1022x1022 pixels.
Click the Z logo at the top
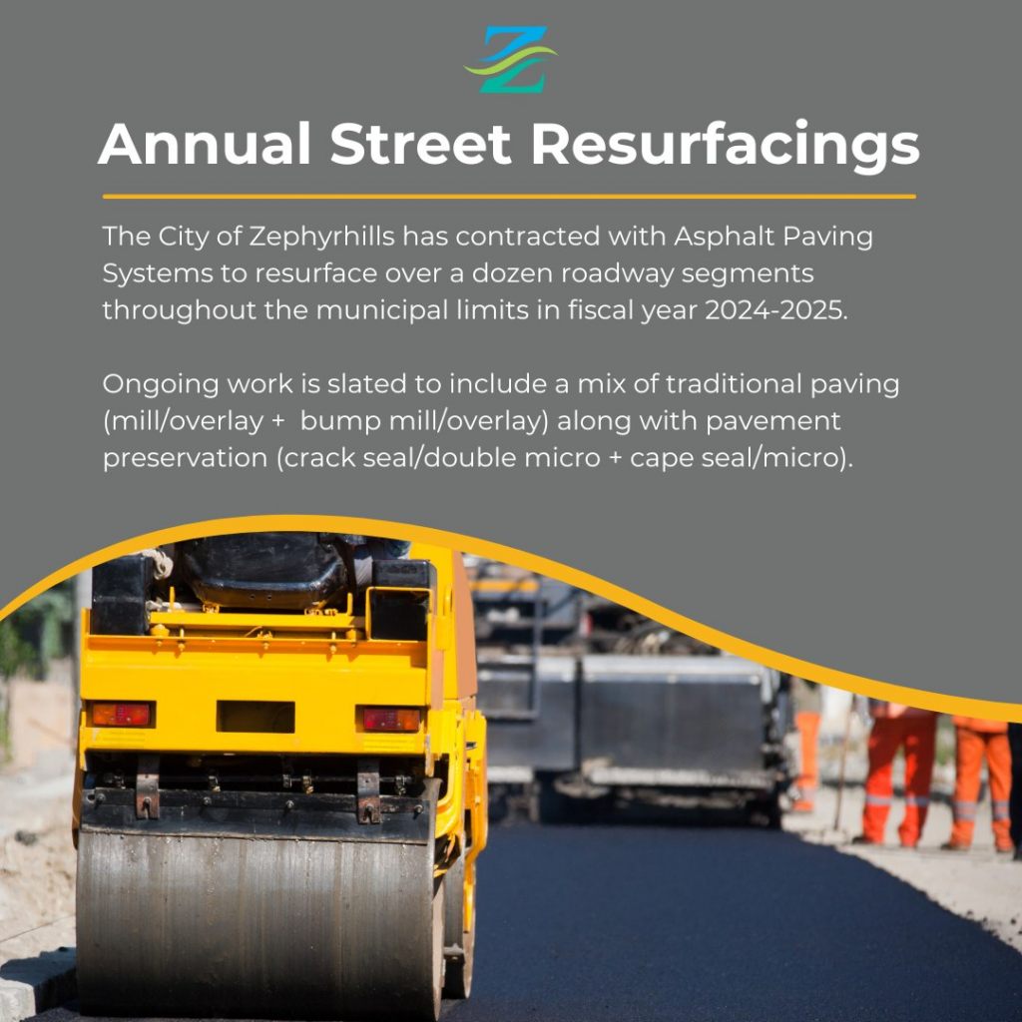(x=511, y=59)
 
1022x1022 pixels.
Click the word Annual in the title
(x=204, y=144)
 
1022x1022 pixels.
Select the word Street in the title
(x=420, y=144)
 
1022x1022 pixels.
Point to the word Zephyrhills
(x=322, y=237)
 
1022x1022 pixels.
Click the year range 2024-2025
(x=776, y=310)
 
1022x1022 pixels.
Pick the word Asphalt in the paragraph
(x=725, y=237)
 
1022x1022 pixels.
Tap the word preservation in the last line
(x=185, y=458)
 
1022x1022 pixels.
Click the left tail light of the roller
(x=121, y=715)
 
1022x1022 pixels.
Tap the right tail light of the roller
(x=391, y=720)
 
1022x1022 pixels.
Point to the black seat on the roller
(x=263, y=571)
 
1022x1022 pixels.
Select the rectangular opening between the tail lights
(x=255, y=717)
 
